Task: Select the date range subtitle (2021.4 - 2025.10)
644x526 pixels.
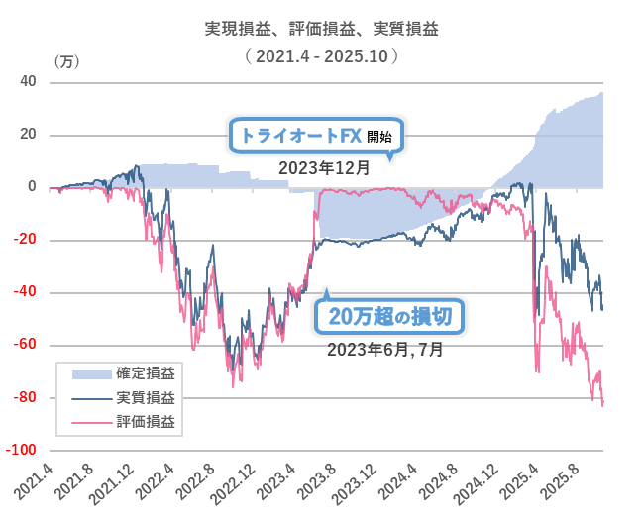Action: (321, 56)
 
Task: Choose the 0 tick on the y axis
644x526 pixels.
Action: (32, 187)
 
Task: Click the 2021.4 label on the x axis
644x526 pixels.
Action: (34, 481)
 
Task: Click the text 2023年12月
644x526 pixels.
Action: (324, 168)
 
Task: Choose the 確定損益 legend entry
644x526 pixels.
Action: (125, 372)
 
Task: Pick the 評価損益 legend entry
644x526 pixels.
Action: (125, 421)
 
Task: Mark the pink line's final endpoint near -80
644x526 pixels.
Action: (603, 404)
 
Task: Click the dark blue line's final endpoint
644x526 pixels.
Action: (603, 309)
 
